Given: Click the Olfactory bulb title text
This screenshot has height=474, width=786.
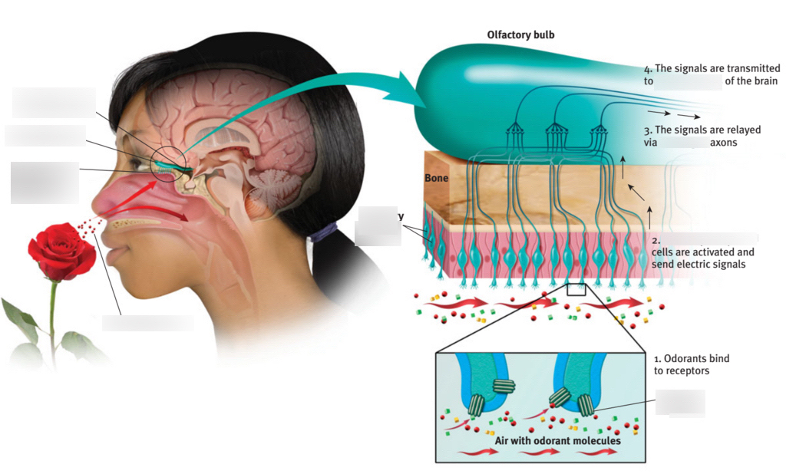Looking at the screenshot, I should (520, 35).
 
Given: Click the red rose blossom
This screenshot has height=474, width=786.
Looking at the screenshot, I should (61, 249).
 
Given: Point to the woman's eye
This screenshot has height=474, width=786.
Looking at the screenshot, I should (143, 163).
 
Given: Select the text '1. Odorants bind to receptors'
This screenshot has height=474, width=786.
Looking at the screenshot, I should (691, 364).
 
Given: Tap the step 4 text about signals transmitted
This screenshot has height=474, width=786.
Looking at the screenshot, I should (712, 74).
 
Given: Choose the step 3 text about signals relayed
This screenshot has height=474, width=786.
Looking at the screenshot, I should (702, 136).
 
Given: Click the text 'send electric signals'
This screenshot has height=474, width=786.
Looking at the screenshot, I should (698, 264).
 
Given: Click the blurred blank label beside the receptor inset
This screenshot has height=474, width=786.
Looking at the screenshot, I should (680, 403).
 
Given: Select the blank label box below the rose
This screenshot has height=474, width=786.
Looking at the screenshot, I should (148, 322).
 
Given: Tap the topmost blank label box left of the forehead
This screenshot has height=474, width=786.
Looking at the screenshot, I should (54, 103).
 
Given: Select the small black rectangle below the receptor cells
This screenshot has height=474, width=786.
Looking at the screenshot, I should (575, 289).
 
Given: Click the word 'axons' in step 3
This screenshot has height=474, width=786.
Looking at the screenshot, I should (724, 142).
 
